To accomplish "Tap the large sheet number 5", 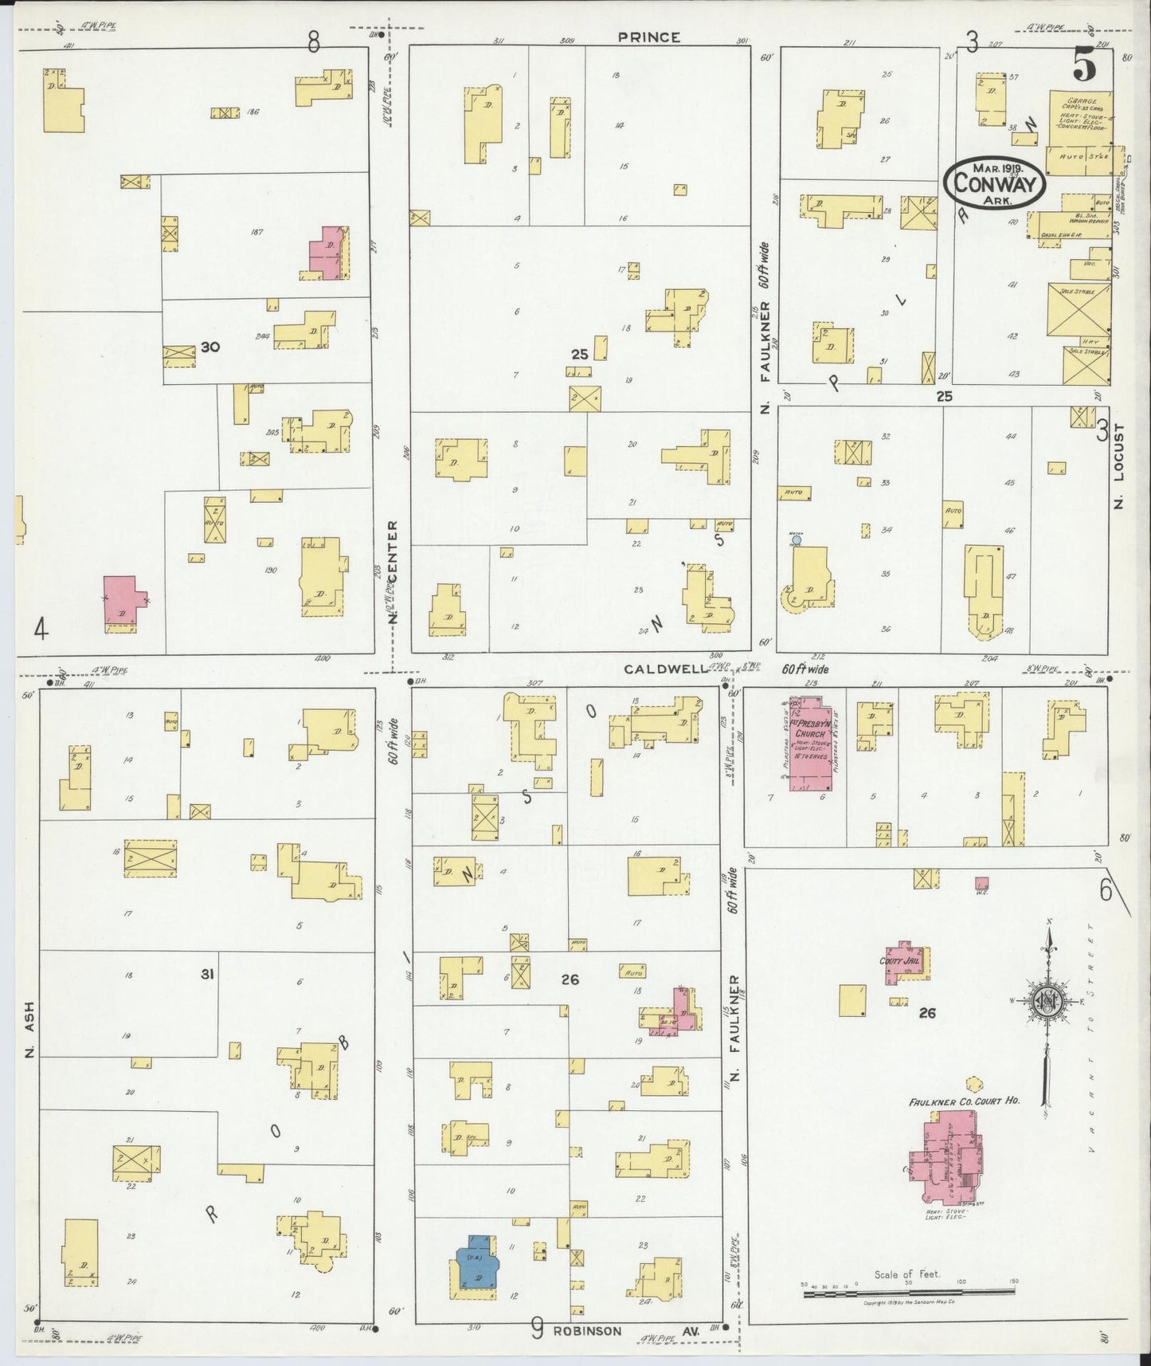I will point(1083,65).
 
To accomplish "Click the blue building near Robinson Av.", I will point(476,1272).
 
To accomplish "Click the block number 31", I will point(207,974).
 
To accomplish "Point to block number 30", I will point(210,347).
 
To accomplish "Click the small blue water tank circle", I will point(796,540).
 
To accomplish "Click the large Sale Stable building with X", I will point(1079,309).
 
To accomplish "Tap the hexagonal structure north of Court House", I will point(972,1085).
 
